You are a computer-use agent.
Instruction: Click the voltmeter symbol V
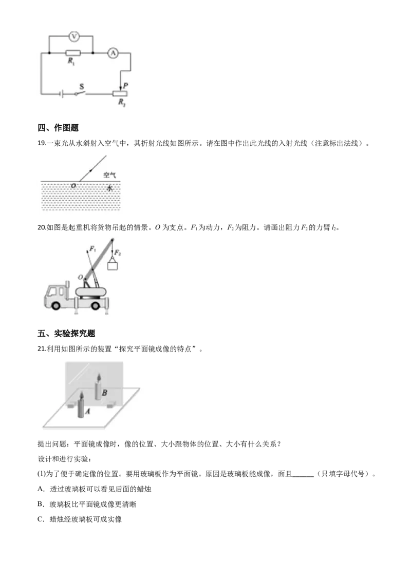73,36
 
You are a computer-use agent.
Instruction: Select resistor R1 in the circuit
73,52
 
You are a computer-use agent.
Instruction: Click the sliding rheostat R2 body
119,93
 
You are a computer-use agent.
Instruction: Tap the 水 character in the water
109,188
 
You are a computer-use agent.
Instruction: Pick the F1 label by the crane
92,249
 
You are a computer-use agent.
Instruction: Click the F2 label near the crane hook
118,253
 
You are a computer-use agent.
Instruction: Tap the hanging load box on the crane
113,266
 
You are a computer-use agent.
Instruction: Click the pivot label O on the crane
80,278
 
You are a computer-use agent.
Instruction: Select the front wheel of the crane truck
55,305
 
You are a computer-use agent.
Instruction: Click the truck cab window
52,291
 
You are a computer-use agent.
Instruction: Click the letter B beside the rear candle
104,393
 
